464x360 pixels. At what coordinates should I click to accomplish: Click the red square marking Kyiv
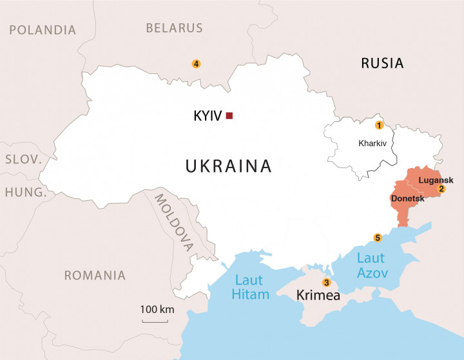coord(229,116)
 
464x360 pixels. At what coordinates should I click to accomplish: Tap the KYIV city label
coord(208,117)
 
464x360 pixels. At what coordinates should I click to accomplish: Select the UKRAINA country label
coord(229,166)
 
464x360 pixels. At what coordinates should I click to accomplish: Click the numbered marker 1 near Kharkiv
coord(379,125)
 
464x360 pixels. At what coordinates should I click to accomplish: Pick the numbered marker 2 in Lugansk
coord(441,189)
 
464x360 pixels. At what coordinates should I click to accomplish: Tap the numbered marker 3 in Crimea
coord(326,283)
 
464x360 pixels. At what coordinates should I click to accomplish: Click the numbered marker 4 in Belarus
coord(196,63)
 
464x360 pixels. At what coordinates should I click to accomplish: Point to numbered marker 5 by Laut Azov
coord(378,238)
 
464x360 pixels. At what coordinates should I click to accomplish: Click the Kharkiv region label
coord(372,143)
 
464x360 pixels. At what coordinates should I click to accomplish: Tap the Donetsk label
coord(407,199)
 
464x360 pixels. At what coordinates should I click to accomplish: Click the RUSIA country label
coord(382,63)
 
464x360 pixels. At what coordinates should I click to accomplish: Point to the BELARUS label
coord(174,28)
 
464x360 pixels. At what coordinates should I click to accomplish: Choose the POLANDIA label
coord(43,30)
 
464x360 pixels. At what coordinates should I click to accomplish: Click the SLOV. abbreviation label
coord(23,159)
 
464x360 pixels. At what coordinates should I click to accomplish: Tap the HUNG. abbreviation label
coord(26,192)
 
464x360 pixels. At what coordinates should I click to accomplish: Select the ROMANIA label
coord(95,276)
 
